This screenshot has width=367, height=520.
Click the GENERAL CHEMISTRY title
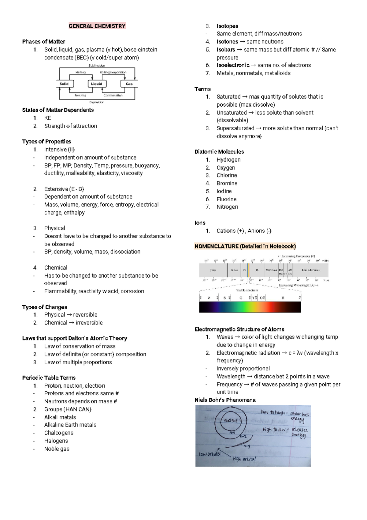(97, 26)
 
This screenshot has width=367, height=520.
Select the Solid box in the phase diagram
(64, 84)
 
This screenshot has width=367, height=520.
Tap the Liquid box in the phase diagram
(97, 84)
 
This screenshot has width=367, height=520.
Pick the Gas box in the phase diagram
(129, 84)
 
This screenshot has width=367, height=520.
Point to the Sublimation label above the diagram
(97, 66)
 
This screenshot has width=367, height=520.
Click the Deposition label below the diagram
(97, 102)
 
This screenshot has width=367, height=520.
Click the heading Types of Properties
(46, 142)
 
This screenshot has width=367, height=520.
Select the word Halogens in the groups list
(56, 441)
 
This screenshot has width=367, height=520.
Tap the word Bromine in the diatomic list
(227, 183)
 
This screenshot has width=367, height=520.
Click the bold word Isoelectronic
(233, 65)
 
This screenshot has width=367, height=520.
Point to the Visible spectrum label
(247, 290)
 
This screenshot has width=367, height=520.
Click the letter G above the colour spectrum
(241, 298)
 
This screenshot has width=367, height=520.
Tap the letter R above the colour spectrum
(283, 298)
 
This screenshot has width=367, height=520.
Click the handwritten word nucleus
(231, 420)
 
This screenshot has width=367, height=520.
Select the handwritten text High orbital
(244, 459)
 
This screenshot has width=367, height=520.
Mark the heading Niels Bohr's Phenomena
(225, 400)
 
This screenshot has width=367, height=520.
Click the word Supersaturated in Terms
(235, 128)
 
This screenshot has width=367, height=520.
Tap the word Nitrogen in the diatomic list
(227, 207)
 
